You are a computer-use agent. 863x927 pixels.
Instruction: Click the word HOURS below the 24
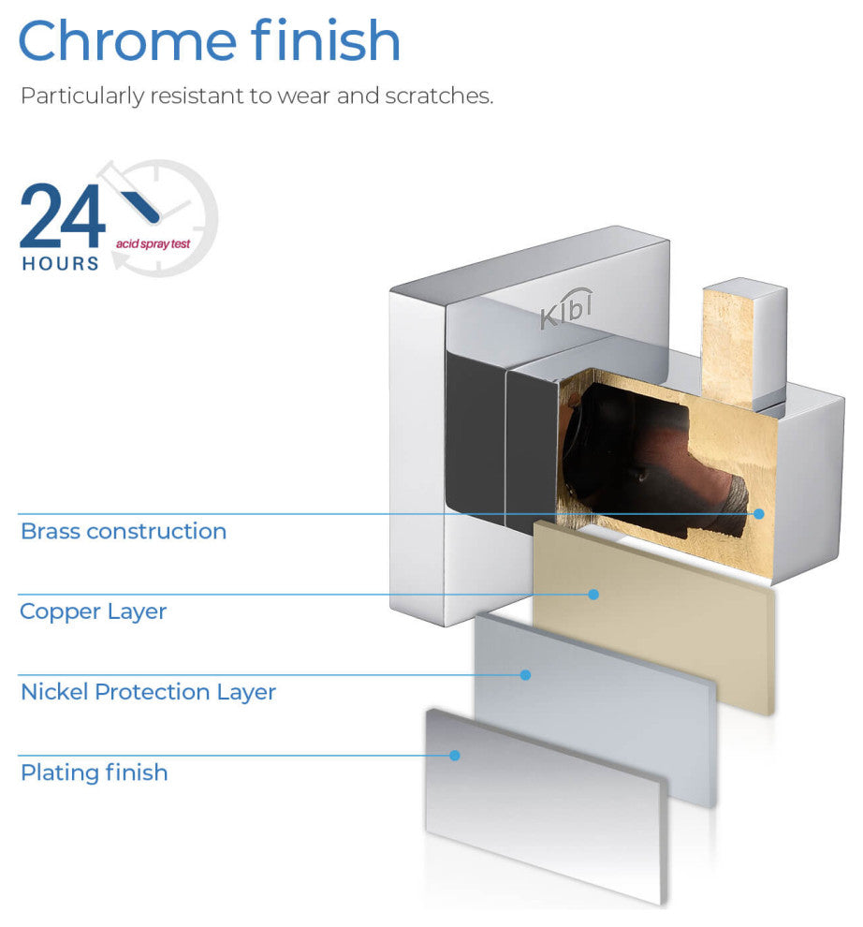[x=60, y=264]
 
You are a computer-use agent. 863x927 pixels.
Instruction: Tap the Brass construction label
[x=124, y=532]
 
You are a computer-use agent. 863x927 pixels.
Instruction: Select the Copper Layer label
[x=94, y=612]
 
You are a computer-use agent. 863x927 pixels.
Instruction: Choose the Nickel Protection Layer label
[x=148, y=693]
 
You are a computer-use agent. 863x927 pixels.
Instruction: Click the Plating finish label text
[x=95, y=773]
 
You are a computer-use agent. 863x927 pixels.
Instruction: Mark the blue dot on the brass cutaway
[x=759, y=513]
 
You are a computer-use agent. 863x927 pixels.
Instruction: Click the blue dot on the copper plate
[x=592, y=594]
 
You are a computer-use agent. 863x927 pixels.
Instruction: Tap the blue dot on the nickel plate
[x=525, y=674]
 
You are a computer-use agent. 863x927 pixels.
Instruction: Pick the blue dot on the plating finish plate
[x=455, y=755]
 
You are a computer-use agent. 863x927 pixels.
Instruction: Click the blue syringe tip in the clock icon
[x=140, y=201]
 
